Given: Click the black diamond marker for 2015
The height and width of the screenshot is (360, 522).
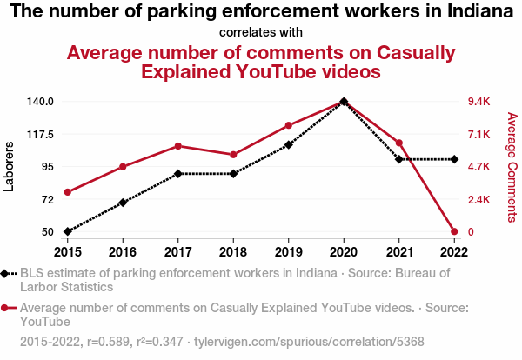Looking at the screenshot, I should point(67,232).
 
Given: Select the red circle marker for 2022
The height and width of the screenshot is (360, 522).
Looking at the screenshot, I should point(454,232).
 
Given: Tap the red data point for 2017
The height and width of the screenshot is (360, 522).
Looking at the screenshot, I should point(178,146).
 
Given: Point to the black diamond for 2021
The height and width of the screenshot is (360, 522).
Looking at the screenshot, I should point(399,159).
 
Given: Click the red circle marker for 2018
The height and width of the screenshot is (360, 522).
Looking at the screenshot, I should point(233,155).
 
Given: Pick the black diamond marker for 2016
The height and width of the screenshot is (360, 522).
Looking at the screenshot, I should point(123,203).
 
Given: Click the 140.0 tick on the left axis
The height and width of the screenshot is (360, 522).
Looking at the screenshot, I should point(40,102).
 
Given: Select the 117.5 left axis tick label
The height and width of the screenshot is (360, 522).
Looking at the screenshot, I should point(40,134).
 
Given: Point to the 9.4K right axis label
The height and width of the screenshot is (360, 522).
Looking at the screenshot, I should point(480,102).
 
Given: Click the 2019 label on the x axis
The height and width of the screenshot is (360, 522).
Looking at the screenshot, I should point(289,252).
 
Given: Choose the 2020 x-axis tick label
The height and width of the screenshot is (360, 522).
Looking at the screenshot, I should point(344,252).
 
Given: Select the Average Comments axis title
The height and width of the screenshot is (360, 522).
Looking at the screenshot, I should point(512,166).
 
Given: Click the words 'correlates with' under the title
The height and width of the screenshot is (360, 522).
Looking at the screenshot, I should point(261,32).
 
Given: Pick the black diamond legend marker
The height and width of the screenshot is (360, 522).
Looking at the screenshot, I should point(6,273).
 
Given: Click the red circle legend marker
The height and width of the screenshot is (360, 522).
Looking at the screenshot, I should point(6,308).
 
